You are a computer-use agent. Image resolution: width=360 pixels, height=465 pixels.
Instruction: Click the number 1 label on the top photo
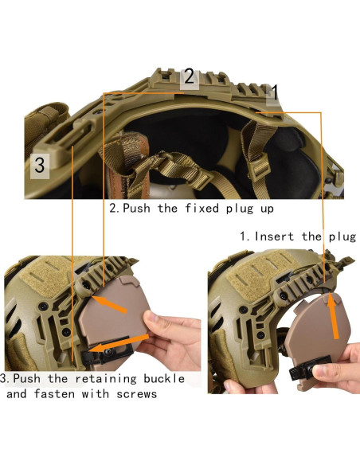coord(272,93)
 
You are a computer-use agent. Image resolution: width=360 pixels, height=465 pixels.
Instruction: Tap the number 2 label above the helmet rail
coord(189,77)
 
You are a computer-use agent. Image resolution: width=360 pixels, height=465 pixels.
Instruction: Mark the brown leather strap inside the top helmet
coord(127,159)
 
